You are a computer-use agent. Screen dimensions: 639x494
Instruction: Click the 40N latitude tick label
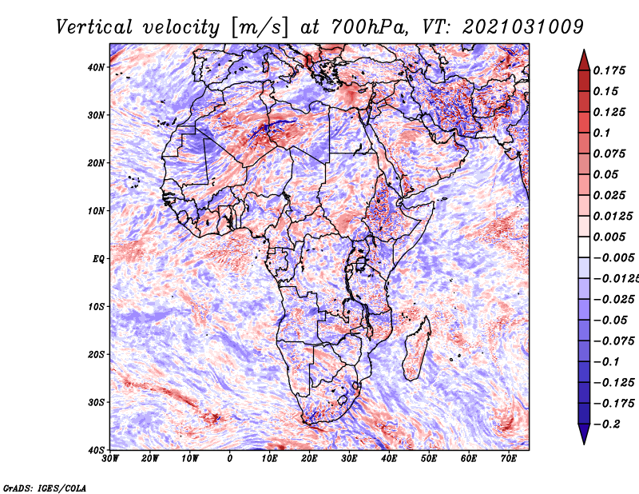pos(96,67)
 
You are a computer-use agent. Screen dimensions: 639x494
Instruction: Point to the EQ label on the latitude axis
pos(98,259)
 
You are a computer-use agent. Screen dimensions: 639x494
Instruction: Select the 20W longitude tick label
pos(150,459)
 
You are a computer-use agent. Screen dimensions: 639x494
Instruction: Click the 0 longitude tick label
pos(230,459)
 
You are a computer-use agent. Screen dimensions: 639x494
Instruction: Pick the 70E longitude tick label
pos(508,459)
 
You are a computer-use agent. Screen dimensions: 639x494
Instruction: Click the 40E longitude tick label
pos(389,459)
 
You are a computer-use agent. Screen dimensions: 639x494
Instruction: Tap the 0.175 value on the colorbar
pos(609,70)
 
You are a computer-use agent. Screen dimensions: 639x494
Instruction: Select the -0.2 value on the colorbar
pos(607,424)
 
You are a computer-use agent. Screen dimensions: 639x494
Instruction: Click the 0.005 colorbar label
pos(609,237)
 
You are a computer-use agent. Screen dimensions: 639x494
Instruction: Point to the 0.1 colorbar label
pos(601,133)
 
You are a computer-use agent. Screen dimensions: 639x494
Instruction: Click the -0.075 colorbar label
pos(613,341)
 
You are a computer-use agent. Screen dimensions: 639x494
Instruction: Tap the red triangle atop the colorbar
pos(584,61)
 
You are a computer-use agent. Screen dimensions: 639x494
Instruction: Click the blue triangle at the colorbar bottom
pos(584,433)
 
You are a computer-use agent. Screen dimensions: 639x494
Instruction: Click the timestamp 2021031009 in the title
pos(523,27)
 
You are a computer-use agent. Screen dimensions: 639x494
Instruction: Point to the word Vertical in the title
pos(94,27)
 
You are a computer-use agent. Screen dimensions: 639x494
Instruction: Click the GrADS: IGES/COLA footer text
pos(45,488)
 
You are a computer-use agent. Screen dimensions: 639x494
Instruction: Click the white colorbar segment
pos(584,247)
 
